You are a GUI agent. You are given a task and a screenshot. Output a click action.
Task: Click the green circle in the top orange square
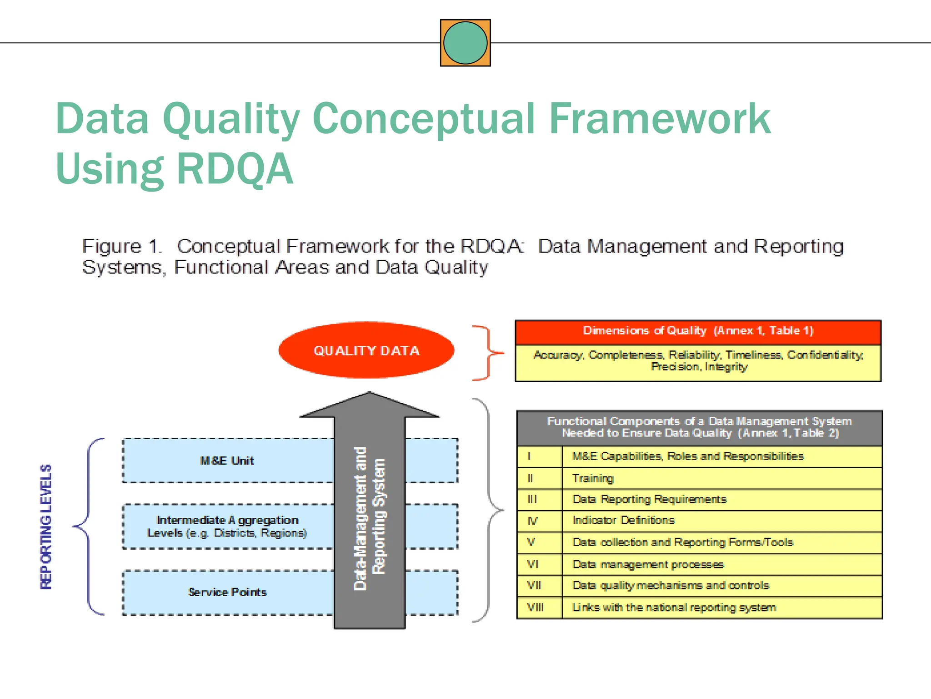[465, 43]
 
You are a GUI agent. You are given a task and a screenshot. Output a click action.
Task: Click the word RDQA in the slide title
[235, 169]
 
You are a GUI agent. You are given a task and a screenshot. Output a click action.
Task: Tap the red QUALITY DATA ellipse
[366, 350]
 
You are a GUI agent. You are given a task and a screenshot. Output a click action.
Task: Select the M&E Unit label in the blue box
[227, 461]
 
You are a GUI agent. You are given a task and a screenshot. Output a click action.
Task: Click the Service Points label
[227, 592]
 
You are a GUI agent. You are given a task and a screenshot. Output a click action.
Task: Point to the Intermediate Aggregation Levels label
[227, 527]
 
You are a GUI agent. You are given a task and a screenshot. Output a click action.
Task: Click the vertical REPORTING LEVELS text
[46, 527]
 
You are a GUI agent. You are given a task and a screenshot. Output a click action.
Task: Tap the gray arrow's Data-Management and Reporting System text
[369, 519]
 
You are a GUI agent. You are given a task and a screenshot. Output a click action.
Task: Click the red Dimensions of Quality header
[698, 331]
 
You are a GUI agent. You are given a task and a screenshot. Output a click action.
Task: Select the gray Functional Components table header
[699, 427]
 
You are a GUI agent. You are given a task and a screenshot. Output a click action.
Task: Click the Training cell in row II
[593, 478]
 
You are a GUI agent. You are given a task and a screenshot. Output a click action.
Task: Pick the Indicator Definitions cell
[623, 520]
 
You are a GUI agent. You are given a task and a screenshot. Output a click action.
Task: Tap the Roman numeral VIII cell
[535, 608]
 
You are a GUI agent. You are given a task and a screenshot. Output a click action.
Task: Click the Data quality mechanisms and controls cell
[671, 586]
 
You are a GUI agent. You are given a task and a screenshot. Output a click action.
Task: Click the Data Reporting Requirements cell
[649, 499]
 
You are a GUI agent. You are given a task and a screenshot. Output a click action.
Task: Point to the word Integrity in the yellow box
[726, 367]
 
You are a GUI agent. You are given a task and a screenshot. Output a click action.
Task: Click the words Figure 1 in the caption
[121, 246]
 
